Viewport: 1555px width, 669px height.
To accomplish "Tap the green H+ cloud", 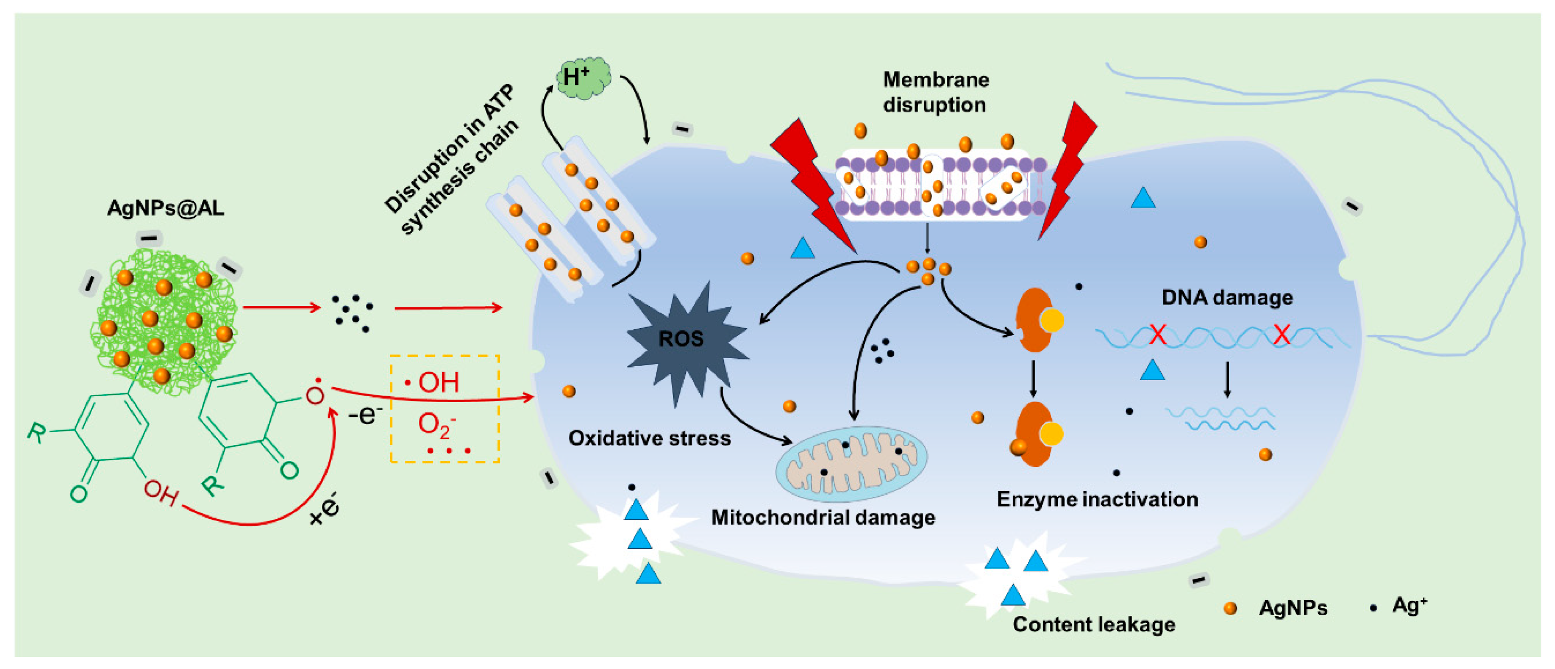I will point(582,79).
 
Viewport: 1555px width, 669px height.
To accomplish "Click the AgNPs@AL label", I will point(165,208).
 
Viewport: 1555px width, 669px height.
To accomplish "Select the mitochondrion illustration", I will point(851,465).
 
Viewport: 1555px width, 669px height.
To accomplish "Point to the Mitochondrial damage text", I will point(823,518).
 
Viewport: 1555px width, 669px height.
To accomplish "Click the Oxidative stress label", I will point(649,438).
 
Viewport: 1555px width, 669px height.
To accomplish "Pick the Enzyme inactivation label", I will point(1097,500).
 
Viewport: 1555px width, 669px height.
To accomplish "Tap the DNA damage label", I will point(1227,297).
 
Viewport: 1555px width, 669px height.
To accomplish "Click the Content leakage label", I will point(1094,625).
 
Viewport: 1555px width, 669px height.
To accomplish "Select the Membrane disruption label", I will point(935,92).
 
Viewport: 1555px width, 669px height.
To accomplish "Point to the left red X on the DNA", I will point(1157,334).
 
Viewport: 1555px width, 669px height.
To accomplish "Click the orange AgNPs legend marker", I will point(1230,608).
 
